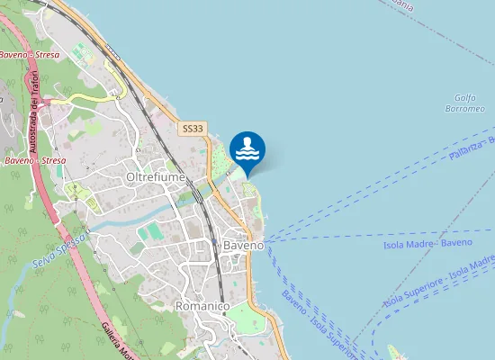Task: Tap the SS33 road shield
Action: [x=193, y=130]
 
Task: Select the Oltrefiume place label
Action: [x=156, y=177]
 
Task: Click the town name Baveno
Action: [x=243, y=245]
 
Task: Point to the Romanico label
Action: [x=202, y=306]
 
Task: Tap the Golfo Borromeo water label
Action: [x=464, y=103]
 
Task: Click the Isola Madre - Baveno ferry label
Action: [x=427, y=243]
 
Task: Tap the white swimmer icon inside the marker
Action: [x=247, y=148]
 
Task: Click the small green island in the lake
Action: [x=392, y=352]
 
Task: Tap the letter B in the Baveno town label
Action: [x=227, y=245]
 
